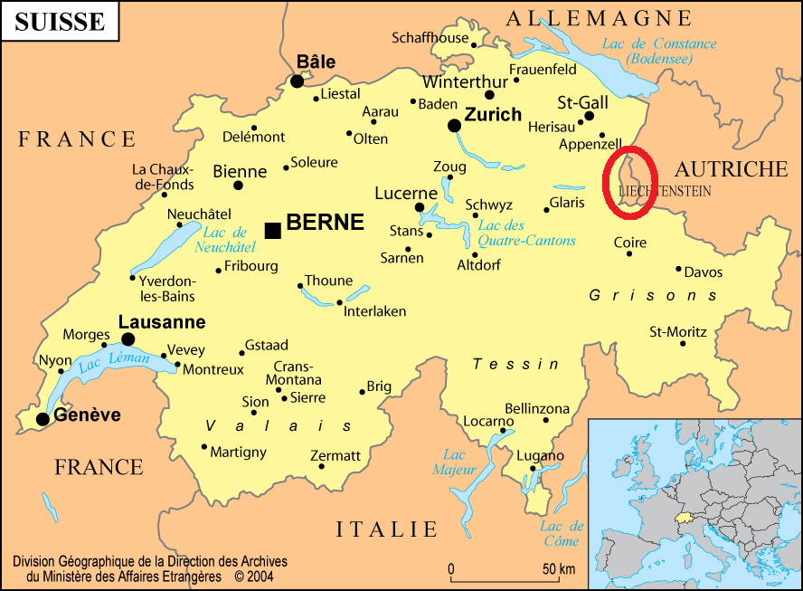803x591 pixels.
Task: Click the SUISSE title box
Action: tap(60, 22)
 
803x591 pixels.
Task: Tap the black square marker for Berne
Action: tap(272, 230)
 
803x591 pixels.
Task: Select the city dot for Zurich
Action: tap(454, 125)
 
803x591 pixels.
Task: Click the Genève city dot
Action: tap(43, 418)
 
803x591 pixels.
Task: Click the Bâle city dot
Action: tap(297, 81)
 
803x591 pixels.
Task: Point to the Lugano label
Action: tap(540, 455)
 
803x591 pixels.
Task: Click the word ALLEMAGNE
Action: tap(599, 18)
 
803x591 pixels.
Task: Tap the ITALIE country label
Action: tap(387, 529)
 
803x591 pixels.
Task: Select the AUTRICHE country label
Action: tap(732, 168)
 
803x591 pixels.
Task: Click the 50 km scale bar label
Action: tap(559, 569)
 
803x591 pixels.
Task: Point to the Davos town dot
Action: tap(678, 268)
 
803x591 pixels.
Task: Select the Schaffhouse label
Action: tap(430, 38)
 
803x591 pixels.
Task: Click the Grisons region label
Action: tap(653, 296)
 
